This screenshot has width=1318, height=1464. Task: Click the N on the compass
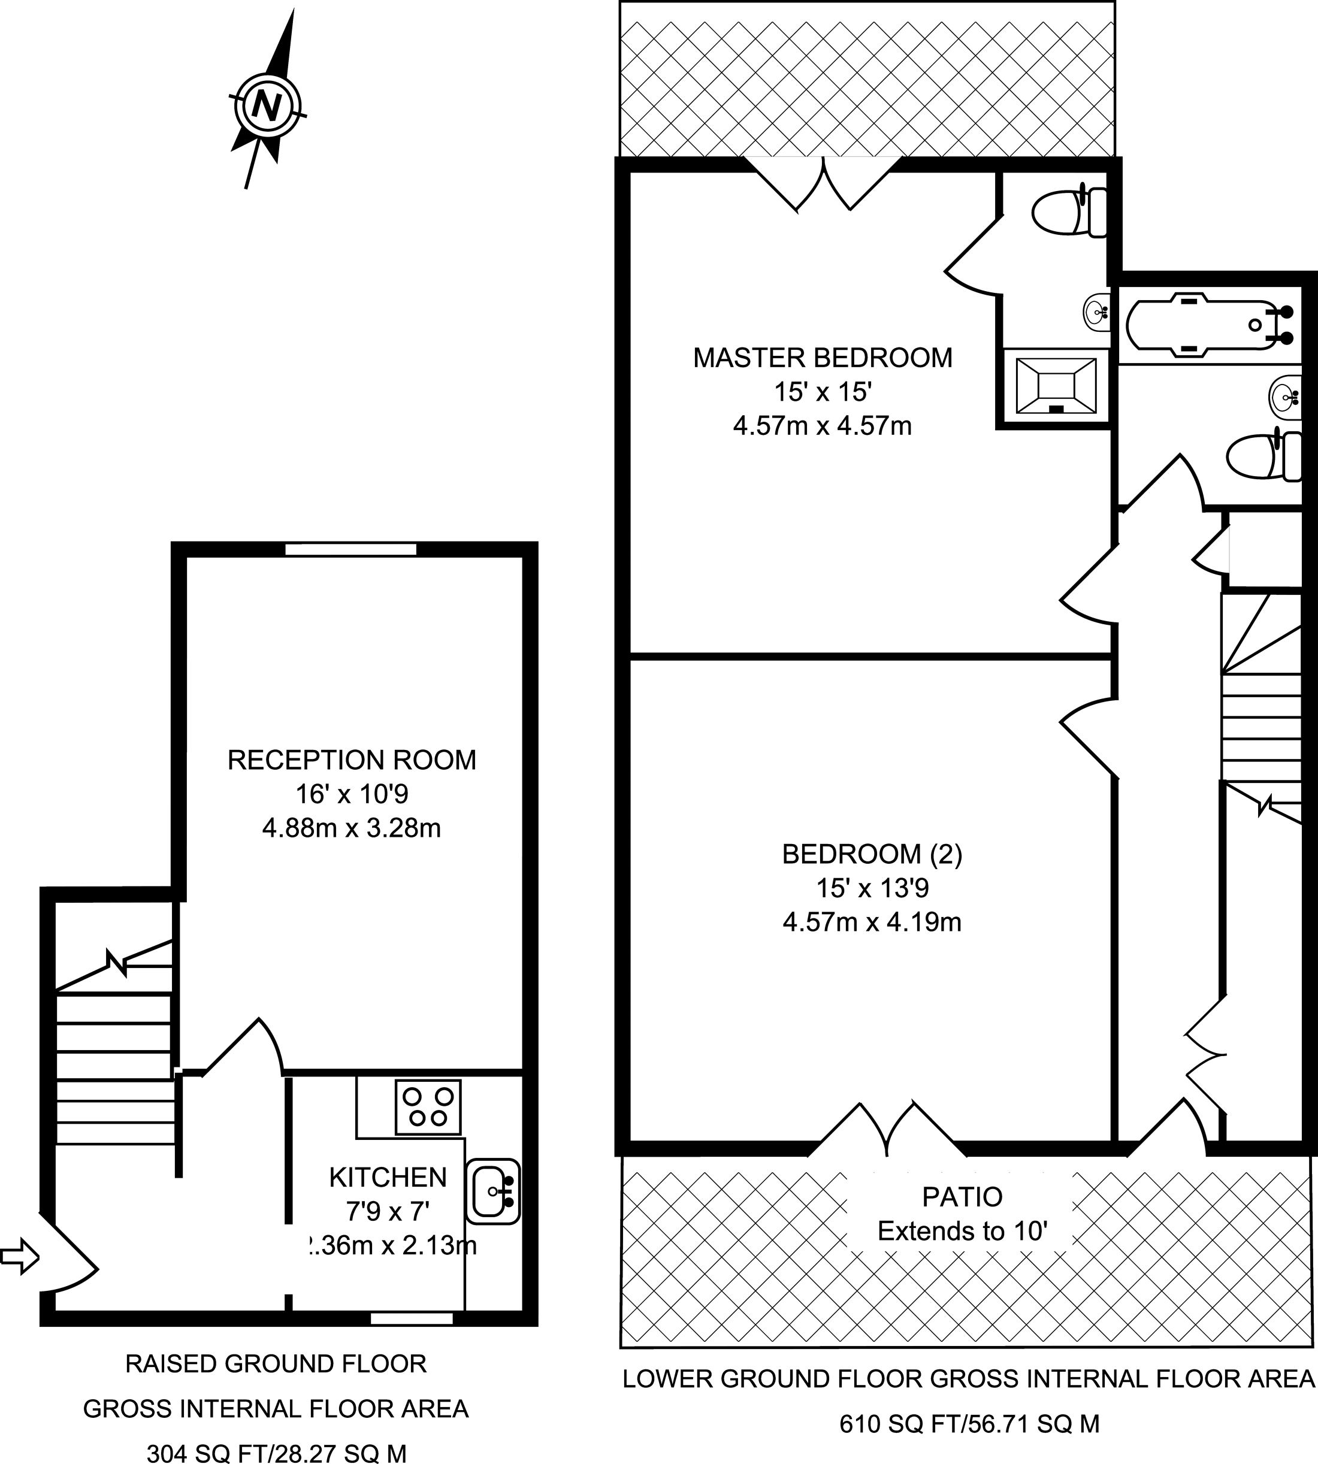tap(267, 107)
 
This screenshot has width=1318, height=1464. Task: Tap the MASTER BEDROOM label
tap(823, 358)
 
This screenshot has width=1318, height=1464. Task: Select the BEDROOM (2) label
tap(872, 855)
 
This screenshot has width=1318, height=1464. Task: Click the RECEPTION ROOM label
tap(352, 760)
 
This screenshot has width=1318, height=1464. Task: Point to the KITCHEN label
tap(388, 1178)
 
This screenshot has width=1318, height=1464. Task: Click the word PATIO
tap(962, 1197)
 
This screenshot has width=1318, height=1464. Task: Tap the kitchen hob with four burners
tap(428, 1107)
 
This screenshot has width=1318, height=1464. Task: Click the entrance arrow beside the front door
tap(20, 1256)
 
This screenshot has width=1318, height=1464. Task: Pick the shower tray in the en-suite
tap(1056, 386)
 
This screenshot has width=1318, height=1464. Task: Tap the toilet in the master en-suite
tap(1069, 213)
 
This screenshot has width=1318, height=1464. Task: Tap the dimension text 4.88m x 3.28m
tap(352, 828)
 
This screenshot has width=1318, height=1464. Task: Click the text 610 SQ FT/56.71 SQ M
tap(969, 1425)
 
